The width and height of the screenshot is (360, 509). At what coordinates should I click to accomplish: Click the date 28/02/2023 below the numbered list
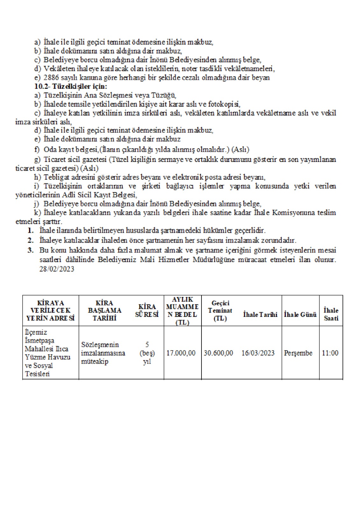coord(57,269)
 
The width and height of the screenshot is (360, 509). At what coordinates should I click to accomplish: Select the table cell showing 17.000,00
coord(181,353)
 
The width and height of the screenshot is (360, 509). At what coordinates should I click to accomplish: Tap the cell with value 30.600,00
coord(218,353)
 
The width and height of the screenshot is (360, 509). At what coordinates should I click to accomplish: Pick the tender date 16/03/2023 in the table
coord(258,353)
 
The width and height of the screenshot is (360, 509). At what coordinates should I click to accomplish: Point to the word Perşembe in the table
coord(298,353)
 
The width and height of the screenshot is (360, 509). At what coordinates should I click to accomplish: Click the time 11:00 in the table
coord(330,353)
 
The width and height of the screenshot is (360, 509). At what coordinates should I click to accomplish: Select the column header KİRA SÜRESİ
coord(147,310)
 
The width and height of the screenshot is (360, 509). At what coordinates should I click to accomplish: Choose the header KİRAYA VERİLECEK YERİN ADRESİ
coord(50,310)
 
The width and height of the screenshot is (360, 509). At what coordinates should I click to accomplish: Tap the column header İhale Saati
coord(331,314)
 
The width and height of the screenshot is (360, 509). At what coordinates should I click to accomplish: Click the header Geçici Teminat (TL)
coord(220,310)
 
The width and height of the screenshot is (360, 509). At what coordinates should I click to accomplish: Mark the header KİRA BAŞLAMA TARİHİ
coord(105,310)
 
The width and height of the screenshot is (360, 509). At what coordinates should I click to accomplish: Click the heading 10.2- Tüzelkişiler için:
coord(71,86)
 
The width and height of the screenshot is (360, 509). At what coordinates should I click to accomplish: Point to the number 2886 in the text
coord(51,78)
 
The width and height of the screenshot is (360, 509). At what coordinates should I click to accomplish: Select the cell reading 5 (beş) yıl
coord(147,353)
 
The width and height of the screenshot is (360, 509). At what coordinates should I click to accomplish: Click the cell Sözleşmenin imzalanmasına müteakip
coord(103,353)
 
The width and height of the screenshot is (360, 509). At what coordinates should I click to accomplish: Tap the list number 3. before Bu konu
coord(31,250)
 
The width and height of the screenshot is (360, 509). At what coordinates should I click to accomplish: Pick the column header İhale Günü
coord(300,314)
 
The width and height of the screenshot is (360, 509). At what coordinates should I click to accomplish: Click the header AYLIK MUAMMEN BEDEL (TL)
coord(182,310)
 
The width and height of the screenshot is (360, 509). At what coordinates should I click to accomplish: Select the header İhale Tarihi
coord(260,314)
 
